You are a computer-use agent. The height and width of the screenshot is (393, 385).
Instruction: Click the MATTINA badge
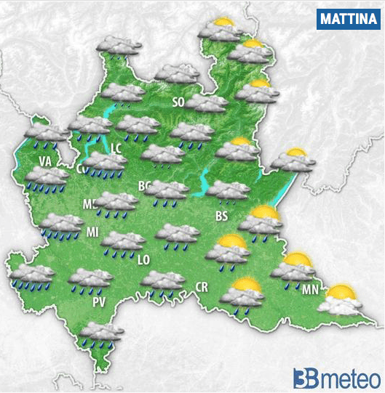348,19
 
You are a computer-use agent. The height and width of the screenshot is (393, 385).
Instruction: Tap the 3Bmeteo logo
336,378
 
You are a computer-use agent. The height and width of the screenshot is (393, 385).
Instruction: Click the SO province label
178,102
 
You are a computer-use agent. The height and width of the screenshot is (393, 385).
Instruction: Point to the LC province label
116,147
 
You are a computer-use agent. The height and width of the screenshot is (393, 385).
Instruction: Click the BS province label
222,216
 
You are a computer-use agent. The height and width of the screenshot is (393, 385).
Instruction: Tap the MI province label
92,232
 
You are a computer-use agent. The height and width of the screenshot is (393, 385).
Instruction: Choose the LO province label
143,259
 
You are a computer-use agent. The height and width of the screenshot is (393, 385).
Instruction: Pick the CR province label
202,288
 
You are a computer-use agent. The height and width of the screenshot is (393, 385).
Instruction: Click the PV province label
99,301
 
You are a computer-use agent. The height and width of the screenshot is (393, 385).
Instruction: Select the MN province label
309,290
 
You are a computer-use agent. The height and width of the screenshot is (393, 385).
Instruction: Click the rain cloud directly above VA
47,135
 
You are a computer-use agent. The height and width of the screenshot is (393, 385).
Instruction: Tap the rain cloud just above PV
90,279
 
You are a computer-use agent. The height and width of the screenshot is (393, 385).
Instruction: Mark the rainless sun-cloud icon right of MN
340,300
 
